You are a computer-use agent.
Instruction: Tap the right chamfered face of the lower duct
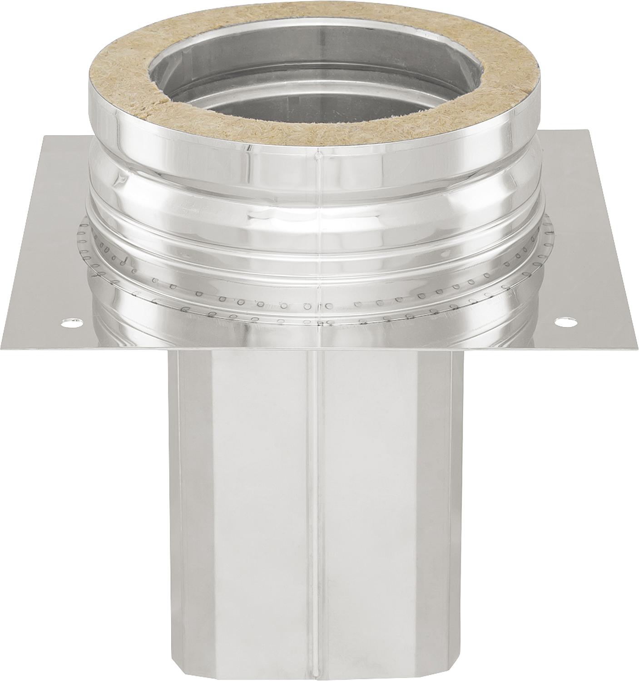[x=450, y=499]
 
